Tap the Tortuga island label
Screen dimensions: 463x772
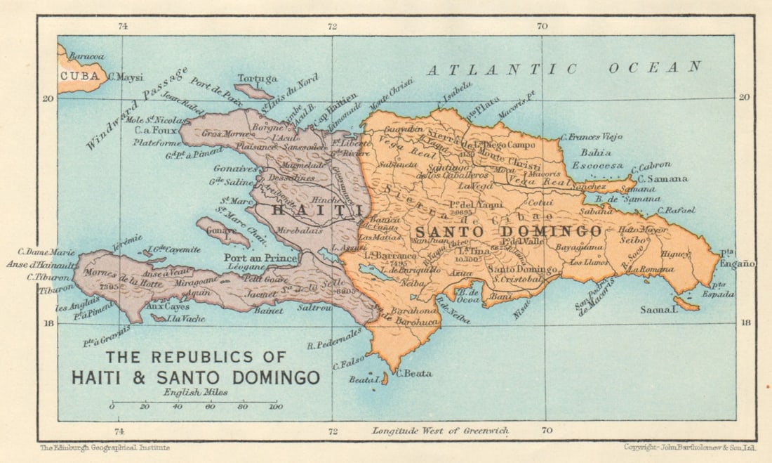258,79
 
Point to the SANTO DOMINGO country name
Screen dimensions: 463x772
507,231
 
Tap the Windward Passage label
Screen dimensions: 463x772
137,108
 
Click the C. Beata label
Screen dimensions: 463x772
414,373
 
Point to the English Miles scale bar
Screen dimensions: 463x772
194,402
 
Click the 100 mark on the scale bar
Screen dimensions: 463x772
275,407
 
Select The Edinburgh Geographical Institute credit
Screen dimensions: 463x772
105,448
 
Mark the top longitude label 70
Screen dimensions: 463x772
542,27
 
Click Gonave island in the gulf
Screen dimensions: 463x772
222,231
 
